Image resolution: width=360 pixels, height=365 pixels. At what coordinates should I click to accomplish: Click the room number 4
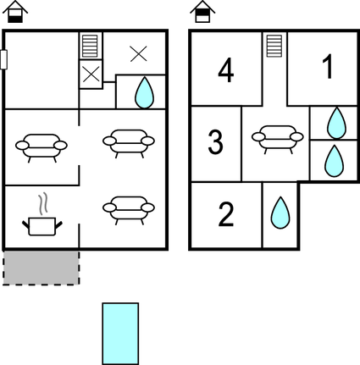[226, 70]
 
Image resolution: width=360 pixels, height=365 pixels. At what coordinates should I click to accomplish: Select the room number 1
[328, 66]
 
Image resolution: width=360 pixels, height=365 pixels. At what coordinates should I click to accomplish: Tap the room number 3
[215, 141]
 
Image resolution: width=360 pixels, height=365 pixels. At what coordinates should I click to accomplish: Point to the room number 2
[226, 214]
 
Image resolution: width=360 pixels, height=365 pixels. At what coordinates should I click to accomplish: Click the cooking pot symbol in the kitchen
[42, 226]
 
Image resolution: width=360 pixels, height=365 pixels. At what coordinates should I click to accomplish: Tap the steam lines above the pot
[42, 203]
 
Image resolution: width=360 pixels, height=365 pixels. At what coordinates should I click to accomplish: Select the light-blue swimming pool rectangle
[120, 334]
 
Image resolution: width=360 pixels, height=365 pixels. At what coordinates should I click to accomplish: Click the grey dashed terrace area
[42, 268]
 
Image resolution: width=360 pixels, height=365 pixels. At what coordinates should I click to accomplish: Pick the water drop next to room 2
[280, 213]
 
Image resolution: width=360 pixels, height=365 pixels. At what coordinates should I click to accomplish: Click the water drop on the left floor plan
[145, 92]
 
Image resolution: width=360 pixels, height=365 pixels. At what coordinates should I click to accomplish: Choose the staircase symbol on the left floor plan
[91, 46]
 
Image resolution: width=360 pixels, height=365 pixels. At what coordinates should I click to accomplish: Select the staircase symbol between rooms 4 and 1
[274, 46]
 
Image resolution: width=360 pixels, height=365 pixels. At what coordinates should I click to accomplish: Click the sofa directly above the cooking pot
[42, 148]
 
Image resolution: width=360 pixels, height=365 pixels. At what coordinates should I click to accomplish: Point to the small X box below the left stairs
[91, 75]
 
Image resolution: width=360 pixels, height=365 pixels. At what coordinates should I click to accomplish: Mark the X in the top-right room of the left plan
[139, 54]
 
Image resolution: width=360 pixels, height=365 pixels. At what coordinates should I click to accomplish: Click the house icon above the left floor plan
[15, 12]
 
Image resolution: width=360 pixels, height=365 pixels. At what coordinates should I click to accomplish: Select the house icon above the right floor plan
[202, 12]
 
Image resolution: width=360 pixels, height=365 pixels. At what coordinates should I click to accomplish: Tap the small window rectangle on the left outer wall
[3, 59]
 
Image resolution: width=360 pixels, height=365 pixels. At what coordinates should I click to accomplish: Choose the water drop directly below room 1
[336, 123]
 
